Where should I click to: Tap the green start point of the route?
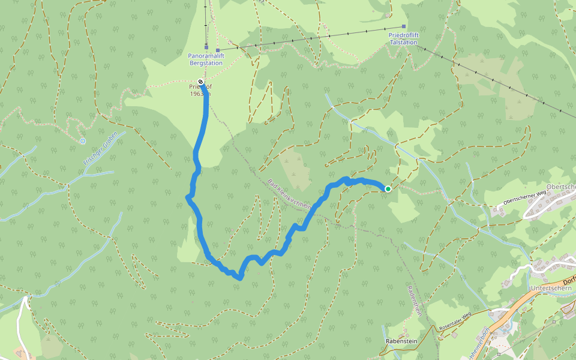point(388,189)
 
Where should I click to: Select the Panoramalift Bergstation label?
point(206,58)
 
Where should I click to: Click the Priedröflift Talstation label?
point(403,39)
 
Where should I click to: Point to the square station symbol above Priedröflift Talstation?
point(404,27)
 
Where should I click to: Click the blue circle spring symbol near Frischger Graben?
point(82,141)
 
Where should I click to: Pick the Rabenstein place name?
point(401,341)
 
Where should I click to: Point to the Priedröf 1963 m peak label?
point(200,90)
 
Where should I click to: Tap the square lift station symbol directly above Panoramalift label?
point(206,47)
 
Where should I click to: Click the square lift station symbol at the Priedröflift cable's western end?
point(218,50)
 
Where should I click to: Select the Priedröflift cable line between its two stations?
point(312,38)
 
